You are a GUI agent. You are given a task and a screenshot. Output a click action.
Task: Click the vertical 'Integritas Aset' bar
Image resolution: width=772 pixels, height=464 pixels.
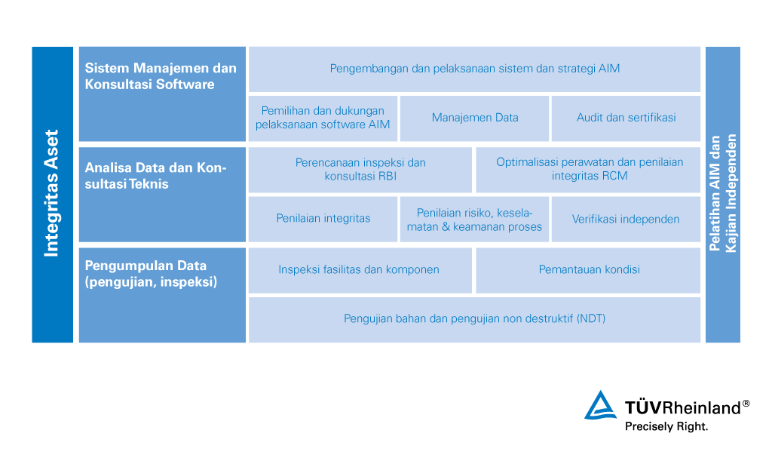(x=52, y=195)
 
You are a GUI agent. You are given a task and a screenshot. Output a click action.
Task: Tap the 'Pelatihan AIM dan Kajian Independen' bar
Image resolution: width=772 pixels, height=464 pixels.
(x=723, y=195)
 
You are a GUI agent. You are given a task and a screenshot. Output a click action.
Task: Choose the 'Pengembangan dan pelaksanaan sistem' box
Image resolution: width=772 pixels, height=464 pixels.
(x=475, y=69)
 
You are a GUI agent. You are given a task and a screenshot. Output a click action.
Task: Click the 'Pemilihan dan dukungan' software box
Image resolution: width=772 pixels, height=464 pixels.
(x=323, y=118)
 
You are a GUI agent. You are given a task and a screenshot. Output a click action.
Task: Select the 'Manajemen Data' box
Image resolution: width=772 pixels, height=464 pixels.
(x=475, y=118)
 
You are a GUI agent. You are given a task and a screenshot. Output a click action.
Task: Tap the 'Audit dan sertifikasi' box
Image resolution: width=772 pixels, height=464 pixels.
(x=626, y=118)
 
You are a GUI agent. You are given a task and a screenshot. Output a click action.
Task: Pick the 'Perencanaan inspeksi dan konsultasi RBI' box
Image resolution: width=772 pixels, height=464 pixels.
(x=360, y=170)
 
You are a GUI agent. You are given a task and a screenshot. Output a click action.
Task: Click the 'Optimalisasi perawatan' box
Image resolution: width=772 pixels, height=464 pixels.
(x=588, y=170)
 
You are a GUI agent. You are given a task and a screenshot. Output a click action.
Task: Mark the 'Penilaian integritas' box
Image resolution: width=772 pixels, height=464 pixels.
(x=323, y=220)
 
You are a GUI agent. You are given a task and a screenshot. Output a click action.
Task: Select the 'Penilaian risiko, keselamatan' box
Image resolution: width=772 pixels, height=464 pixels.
(x=475, y=220)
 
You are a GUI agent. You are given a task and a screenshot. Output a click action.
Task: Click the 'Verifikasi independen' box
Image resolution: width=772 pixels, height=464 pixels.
(x=626, y=220)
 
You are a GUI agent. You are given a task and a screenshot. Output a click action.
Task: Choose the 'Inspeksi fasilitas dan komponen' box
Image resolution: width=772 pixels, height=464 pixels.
(x=360, y=270)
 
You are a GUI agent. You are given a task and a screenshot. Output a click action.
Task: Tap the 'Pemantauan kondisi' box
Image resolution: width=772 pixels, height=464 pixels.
(x=588, y=270)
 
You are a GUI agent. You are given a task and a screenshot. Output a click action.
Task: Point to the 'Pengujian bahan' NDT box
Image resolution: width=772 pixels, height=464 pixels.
(x=475, y=320)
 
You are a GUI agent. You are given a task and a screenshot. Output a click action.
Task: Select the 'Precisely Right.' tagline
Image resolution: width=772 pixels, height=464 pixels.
(x=666, y=426)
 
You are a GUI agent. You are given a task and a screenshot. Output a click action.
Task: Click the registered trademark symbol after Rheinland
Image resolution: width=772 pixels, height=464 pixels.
(x=746, y=404)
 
